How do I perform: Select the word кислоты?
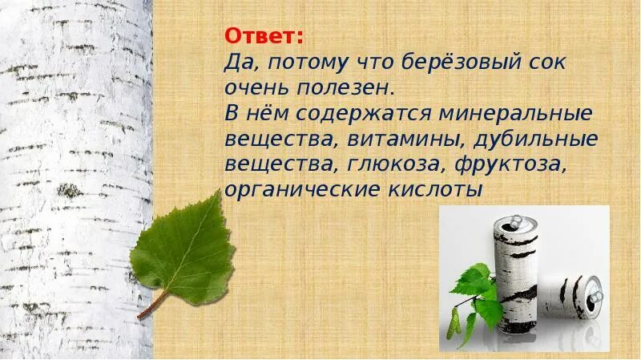coord(435,192)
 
